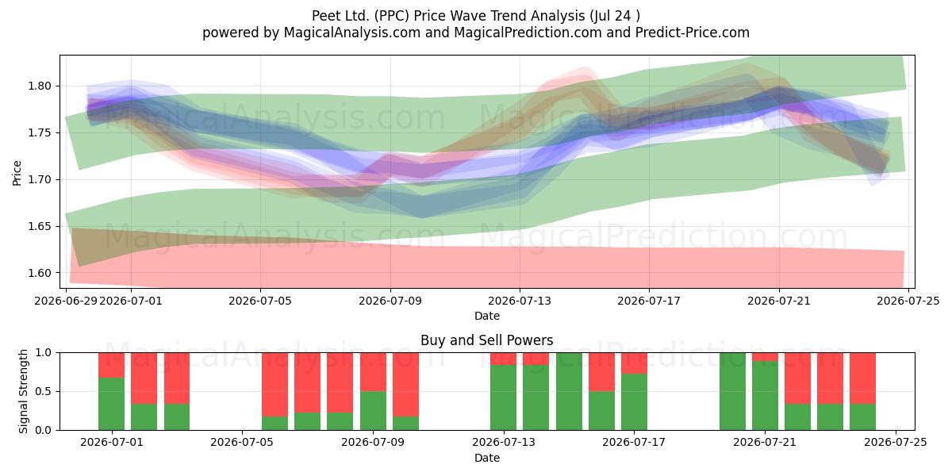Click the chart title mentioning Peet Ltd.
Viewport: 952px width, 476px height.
475,16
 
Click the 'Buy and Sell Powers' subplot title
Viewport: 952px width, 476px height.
486,340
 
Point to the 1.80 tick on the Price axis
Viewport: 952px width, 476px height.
39,86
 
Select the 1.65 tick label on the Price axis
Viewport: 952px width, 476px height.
39,226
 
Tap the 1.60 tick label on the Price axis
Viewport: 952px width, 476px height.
39,273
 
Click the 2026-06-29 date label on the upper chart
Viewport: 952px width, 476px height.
66,301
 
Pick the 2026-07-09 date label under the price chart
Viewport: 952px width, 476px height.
390,301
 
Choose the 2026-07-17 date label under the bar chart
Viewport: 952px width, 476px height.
634,442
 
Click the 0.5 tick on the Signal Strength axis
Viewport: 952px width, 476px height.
43,391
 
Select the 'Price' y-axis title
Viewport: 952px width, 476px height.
17,173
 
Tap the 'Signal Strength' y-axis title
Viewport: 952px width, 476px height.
23,391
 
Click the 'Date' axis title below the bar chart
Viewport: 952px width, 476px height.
486,458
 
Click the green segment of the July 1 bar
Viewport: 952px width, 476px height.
111,404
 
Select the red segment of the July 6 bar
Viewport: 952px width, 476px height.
274,385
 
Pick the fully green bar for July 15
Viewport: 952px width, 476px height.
569,391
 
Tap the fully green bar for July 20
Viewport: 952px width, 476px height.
732,391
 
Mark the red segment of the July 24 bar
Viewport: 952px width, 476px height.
863,378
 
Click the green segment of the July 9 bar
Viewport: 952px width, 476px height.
373,411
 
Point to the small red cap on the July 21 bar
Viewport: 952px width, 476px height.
765,357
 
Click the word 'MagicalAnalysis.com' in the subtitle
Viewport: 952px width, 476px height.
352,33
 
